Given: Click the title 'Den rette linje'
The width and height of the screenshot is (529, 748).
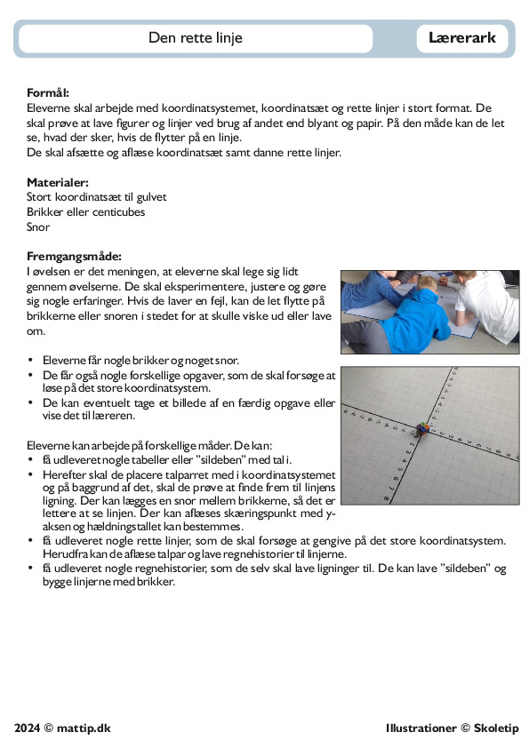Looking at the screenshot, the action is (x=196, y=37).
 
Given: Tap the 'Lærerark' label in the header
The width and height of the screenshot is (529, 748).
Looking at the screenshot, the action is (x=462, y=37).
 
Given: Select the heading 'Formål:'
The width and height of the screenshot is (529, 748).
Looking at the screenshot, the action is (x=48, y=92).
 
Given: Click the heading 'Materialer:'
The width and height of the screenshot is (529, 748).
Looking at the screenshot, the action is (x=58, y=182).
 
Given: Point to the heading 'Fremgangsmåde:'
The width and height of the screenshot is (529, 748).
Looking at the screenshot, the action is (x=74, y=256).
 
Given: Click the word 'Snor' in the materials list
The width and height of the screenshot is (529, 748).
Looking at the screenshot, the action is (x=38, y=227).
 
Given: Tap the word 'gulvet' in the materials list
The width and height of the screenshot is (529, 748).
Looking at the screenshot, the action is (x=151, y=197).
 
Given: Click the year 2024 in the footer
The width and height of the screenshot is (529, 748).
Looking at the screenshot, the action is (x=28, y=728).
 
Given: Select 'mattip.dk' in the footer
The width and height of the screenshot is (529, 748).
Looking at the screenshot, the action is (x=84, y=728).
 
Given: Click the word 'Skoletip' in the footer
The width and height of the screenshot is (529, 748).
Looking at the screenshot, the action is (x=496, y=728).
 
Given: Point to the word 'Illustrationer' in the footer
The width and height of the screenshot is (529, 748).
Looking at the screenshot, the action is (x=421, y=728).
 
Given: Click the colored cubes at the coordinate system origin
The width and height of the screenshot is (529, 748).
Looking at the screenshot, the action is (x=421, y=428).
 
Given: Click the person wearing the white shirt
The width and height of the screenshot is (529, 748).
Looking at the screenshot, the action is (x=482, y=306).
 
